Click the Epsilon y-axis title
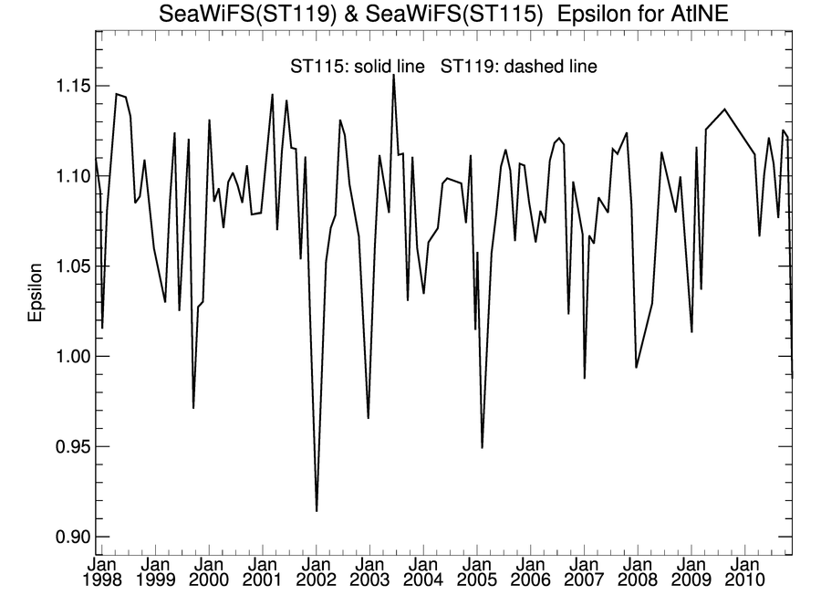[36, 294]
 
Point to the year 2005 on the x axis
[477, 579]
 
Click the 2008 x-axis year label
[639, 579]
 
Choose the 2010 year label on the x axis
[746, 579]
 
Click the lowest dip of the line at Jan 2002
[317, 510]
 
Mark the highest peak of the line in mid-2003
[393, 76]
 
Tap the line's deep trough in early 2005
[482, 447]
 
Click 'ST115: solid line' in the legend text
[357, 67]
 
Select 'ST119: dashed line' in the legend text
[519, 67]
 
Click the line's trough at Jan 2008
[636, 367]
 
